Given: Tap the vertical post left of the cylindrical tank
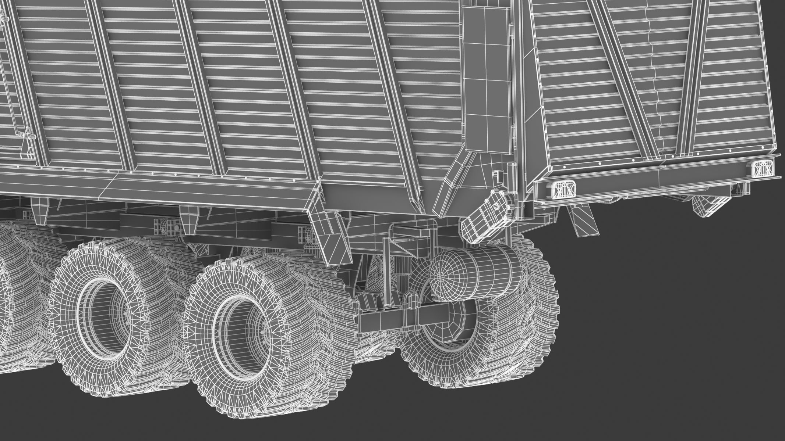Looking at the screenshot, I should [x=386, y=272].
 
